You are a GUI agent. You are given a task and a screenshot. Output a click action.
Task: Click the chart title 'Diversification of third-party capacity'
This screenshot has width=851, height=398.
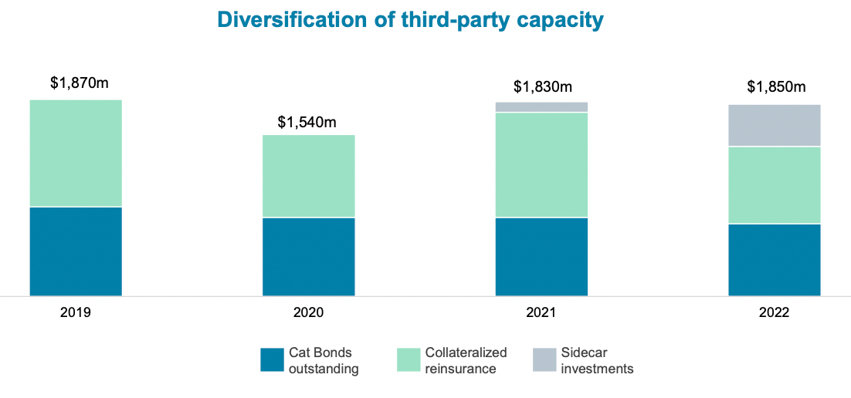pyautogui.click(x=410, y=19)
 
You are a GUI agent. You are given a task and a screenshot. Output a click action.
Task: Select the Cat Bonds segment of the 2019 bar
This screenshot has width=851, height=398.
pyautogui.click(x=76, y=251)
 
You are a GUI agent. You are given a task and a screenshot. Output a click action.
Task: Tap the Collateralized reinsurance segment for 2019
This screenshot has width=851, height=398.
pyautogui.click(x=76, y=153)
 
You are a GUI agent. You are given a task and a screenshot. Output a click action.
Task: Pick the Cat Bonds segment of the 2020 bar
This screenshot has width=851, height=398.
pyautogui.click(x=308, y=257)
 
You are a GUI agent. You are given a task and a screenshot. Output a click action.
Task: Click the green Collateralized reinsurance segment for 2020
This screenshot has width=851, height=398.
pyautogui.click(x=308, y=176)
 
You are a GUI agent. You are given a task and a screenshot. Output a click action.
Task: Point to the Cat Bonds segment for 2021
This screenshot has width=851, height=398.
pyautogui.click(x=541, y=257)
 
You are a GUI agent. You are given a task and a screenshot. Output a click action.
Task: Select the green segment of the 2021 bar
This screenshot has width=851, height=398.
pyautogui.click(x=541, y=165)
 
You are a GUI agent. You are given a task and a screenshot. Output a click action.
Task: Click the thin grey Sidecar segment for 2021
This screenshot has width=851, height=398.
pyautogui.click(x=541, y=107)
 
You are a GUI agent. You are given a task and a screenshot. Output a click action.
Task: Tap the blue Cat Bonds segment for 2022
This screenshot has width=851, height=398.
pyautogui.click(x=774, y=260)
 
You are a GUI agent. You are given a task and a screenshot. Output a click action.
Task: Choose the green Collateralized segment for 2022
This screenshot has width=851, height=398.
pyautogui.click(x=774, y=185)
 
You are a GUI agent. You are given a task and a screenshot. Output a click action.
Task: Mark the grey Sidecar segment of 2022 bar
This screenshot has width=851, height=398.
pyautogui.click(x=774, y=125)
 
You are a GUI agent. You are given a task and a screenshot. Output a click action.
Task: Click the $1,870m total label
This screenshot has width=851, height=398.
pyautogui.click(x=79, y=83)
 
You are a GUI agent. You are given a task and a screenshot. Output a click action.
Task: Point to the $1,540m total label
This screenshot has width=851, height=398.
pyautogui.click(x=307, y=122)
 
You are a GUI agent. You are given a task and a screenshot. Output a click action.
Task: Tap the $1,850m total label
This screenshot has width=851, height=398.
pyautogui.click(x=776, y=87)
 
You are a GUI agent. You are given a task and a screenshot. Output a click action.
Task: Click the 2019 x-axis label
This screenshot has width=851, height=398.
pyautogui.click(x=76, y=313)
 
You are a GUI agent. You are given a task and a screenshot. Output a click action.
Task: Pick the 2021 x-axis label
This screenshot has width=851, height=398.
pyautogui.click(x=541, y=313)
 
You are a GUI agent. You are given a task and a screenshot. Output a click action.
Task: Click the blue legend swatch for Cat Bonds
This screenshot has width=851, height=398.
pyautogui.click(x=272, y=360)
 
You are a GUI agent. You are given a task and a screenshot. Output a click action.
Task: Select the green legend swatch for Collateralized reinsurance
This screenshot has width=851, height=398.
pyautogui.click(x=409, y=360)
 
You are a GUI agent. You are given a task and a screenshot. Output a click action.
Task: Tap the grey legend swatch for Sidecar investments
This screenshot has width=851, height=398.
pyautogui.click(x=544, y=360)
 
